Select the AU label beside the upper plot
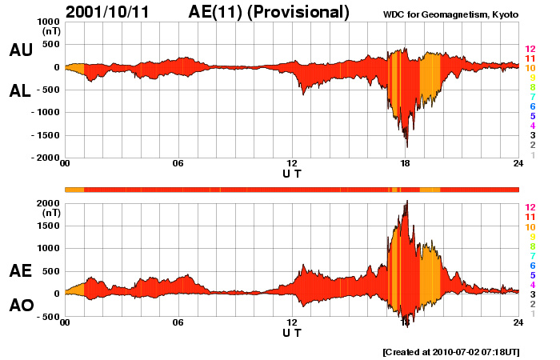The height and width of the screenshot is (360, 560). [x=20, y=50]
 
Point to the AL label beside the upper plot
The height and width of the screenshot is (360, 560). [x=20, y=92]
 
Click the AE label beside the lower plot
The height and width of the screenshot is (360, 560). [x=20, y=271]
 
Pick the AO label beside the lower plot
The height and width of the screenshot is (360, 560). [x=20, y=306]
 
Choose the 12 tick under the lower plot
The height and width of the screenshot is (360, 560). [x=292, y=322]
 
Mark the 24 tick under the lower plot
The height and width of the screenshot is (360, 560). [x=518, y=322]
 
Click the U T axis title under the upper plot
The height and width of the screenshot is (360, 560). [x=292, y=173]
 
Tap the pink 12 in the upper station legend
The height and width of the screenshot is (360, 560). [x=530, y=49]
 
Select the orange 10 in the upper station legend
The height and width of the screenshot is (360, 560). [x=530, y=68]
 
